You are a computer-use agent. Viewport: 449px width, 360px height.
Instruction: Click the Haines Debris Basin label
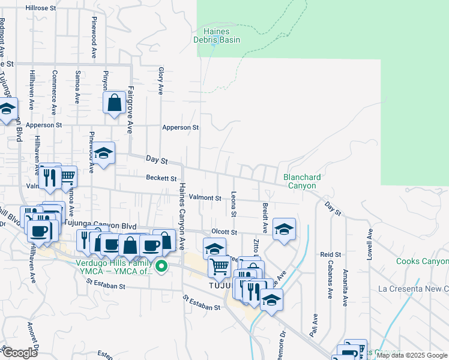[x=217, y=35]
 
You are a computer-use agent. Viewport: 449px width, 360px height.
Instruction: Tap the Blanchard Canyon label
[x=302, y=181]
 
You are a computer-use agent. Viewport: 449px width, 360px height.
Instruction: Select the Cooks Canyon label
[x=422, y=261]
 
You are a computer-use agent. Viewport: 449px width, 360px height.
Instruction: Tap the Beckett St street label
[x=161, y=178]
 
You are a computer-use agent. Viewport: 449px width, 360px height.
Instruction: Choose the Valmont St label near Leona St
[x=205, y=197]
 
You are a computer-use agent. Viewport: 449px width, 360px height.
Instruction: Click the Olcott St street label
[x=224, y=232]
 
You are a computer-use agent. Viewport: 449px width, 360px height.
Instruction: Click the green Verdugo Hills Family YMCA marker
[x=161, y=266]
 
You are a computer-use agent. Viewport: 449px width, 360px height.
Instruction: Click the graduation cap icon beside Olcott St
[x=284, y=229]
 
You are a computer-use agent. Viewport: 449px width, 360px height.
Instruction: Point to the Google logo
[x=20, y=353]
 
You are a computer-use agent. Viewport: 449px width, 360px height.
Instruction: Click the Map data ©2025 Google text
[x=412, y=356]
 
